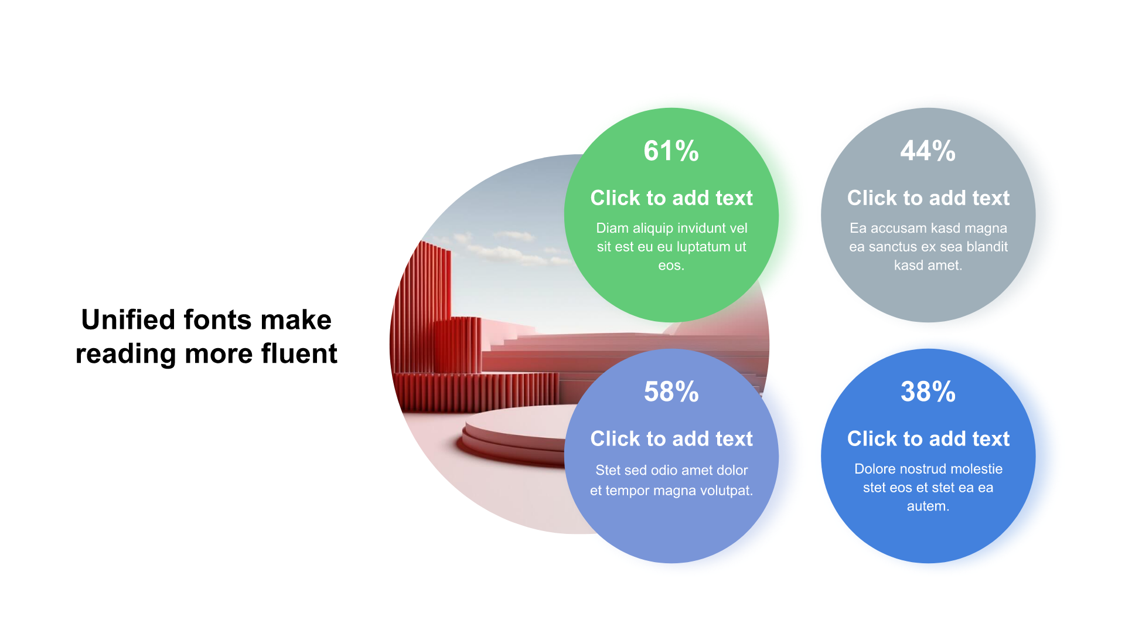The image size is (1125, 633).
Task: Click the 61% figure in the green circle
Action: [671, 151]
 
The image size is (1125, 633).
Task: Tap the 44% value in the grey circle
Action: [928, 151]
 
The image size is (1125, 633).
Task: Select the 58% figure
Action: [671, 392]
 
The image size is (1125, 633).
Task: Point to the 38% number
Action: [928, 392]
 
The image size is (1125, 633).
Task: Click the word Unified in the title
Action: [128, 319]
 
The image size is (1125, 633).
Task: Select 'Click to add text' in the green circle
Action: [671, 198]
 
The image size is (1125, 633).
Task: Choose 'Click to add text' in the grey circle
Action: [928, 198]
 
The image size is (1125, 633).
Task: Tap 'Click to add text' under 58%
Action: [671, 439]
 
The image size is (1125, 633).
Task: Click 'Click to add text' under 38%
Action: [928, 439]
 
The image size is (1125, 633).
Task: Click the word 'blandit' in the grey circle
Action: [987, 247]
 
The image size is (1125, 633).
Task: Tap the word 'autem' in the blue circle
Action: [926, 506]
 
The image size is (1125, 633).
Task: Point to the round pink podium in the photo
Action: [516, 434]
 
